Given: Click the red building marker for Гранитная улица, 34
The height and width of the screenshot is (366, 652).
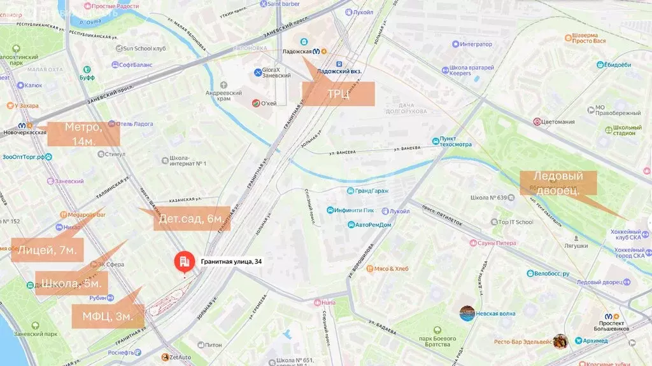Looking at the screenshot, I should click(185, 262).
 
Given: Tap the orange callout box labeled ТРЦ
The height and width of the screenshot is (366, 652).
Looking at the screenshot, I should click(338, 94).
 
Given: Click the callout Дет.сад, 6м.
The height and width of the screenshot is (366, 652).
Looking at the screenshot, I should click(192, 219).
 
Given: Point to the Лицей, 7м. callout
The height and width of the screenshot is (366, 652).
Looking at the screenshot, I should click(47, 250).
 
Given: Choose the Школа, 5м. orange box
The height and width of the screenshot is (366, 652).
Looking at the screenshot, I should click(71, 283).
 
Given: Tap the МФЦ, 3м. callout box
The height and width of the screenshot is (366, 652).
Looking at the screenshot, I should click(107, 316).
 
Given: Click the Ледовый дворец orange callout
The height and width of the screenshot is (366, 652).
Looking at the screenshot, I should click(558, 183).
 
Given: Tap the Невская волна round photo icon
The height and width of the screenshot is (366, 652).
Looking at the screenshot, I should click(467, 313).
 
